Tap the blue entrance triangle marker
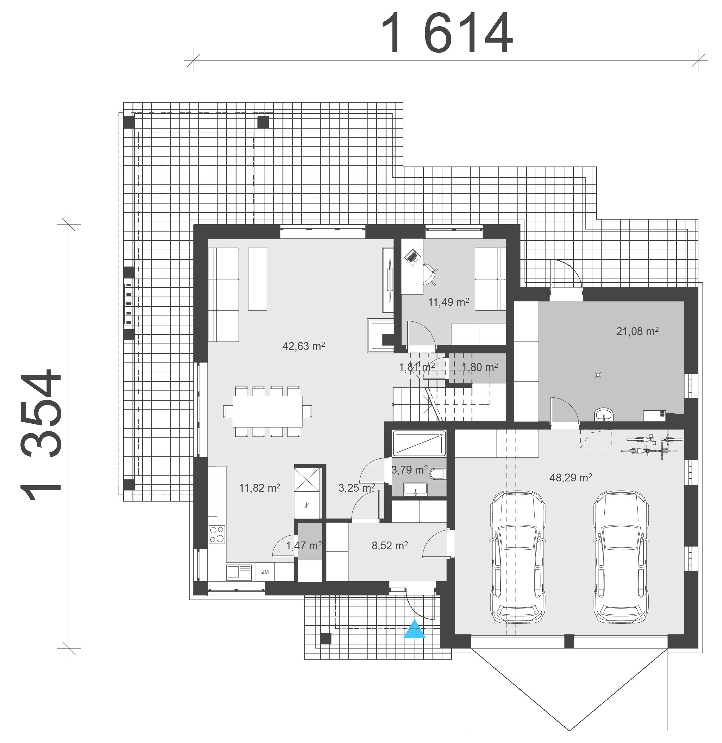tap(414, 629)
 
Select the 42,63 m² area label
tap(303, 346)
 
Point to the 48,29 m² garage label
tap(571, 477)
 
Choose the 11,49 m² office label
tap(449, 302)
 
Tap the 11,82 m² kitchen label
tap(260, 488)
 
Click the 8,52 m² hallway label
tap(389, 546)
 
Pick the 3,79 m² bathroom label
tap(409, 470)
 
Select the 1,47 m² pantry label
tap(304, 546)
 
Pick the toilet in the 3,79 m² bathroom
tap(438, 474)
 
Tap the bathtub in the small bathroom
tap(419, 443)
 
